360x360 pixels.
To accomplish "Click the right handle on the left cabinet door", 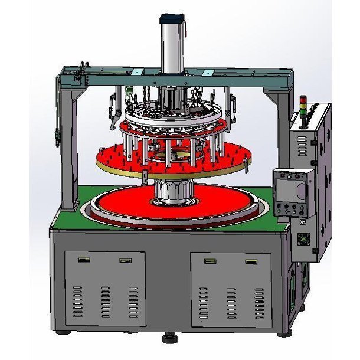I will pos(125,260).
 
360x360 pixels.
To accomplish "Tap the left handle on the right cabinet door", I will pos(210,260).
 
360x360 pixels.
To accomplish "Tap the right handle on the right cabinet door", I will pos(251,260).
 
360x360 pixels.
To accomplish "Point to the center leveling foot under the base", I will pos(171,339).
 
